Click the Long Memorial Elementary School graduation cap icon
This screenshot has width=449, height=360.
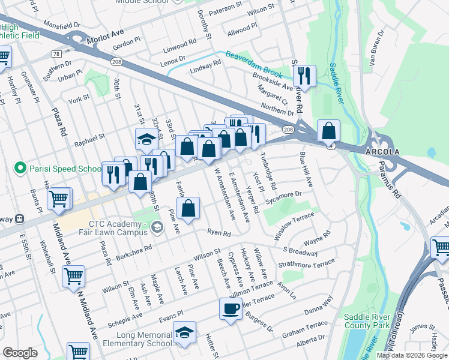tap(184, 332)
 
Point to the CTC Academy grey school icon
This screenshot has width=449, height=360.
tap(157, 226)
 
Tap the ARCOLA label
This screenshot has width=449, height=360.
tap(382, 152)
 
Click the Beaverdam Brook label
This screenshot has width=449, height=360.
tap(254, 65)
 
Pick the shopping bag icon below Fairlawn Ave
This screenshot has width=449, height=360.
tap(188, 209)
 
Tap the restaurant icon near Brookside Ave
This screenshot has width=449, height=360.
tap(305, 76)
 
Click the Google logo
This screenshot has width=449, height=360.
tap(20, 353)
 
